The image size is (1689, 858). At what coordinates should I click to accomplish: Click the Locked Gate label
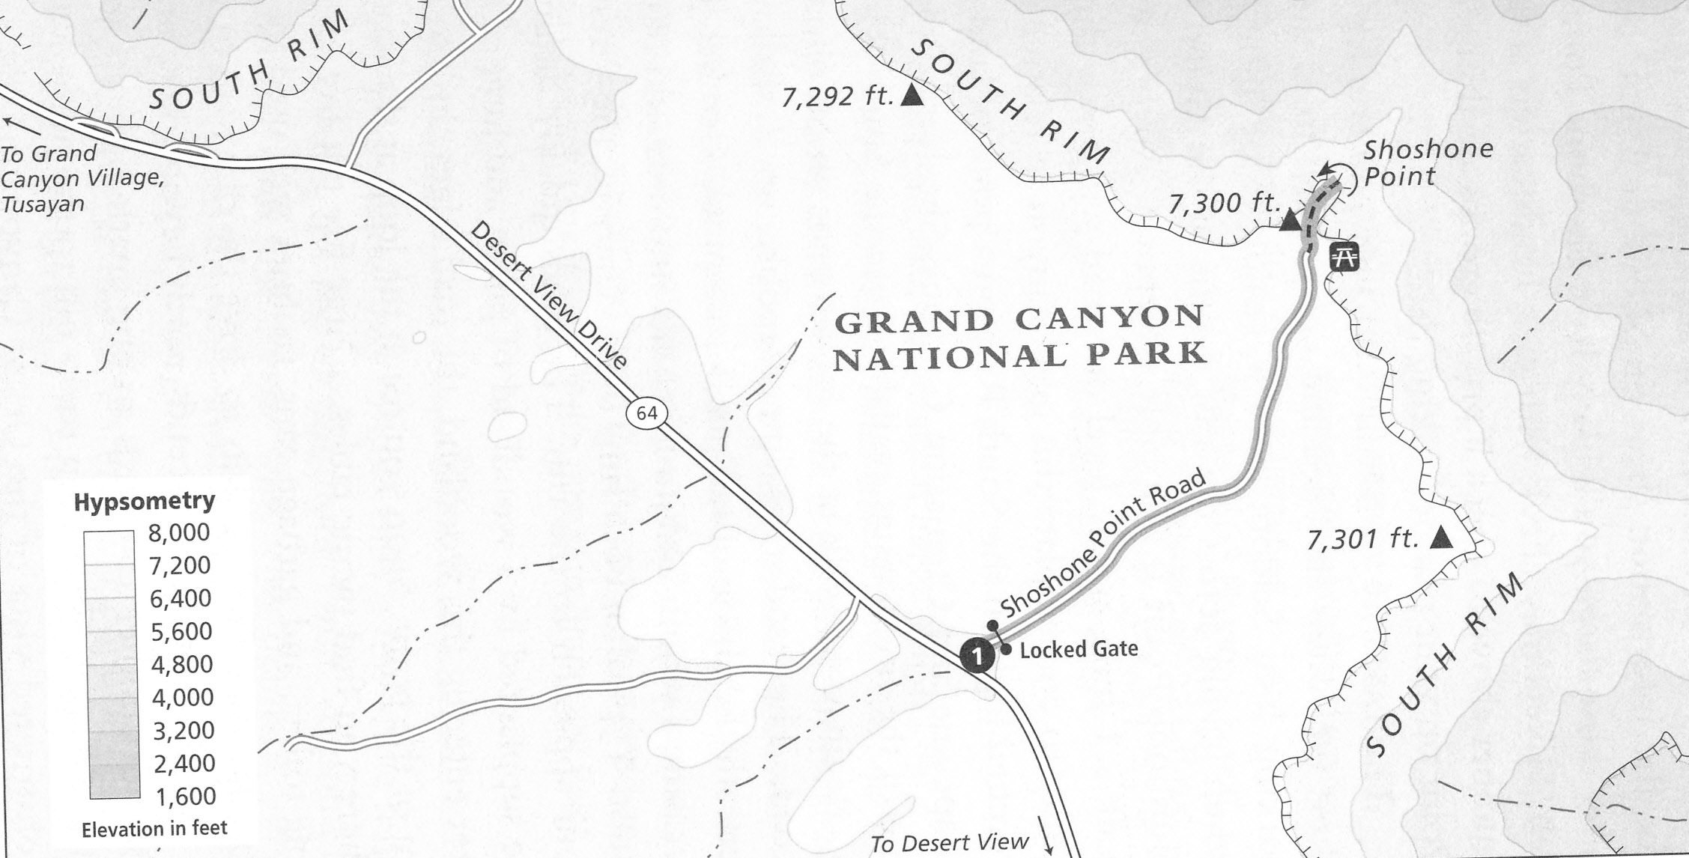pyautogui.click(x=1079, y=649)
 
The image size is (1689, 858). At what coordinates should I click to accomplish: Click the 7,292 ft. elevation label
pyautogui.click(x=838, y=97)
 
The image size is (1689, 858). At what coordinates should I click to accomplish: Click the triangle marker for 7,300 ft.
pyautogui.click(x=1289, y=222)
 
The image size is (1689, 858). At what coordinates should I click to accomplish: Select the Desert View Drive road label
pyautogui.click(x=548, y=296)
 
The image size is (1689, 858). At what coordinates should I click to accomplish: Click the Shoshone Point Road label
pyautogui.click(x=1103, y=544)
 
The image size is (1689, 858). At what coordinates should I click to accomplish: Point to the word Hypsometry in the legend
pyautogui.click(x=145, y=501)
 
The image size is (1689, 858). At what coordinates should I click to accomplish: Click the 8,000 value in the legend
pyautogui.click(x=181, y=533)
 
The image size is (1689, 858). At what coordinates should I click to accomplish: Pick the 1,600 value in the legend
pyautogui.click(x=184, y=797)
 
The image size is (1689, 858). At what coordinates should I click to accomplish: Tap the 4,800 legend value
pyautogui.click(x=182, y=665)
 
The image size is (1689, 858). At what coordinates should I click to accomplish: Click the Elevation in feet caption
pyautogui.click(x=154, y=829)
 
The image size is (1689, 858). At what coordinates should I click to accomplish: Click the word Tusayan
pyautogui.click(x=43, y=204)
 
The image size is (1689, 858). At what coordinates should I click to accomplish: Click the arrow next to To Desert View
pyautogui.click(x=1048, y=844)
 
